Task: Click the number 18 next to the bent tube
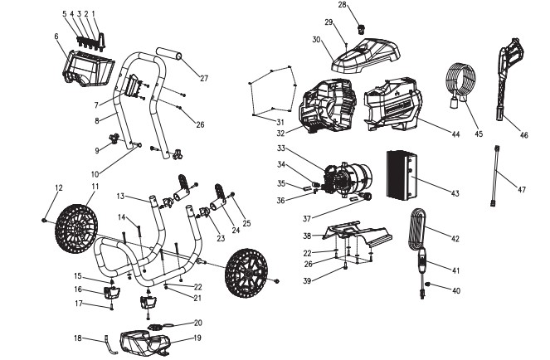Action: pos(75,338)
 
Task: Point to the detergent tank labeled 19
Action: pos(145,341)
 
